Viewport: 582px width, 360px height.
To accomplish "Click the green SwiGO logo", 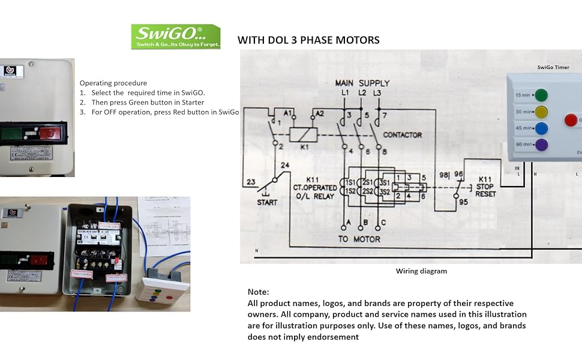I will click(x=176, y=37).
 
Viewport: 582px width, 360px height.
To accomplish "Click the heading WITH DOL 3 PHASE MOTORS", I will click(x=308, y=40).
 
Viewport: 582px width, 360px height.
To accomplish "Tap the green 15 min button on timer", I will click(x=541, y=95).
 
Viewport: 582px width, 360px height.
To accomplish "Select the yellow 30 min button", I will click(x=541, y=112).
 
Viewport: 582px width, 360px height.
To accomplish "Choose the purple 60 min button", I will click(x=541, y=145).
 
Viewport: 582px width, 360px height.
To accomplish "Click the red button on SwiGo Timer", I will click(x=571, y=120).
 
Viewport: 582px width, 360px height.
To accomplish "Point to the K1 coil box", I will click(x=302, y=134).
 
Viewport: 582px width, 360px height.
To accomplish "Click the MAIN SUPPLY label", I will click(x=362, y=83).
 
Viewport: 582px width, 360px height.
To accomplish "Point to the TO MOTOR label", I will click(x=359, y=239).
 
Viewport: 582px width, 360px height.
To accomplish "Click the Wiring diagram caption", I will click(x=421, y=271).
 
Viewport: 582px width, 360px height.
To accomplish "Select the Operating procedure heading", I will click(x=113, y=83).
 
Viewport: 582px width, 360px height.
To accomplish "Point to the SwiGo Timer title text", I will click(x=553, y=67).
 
